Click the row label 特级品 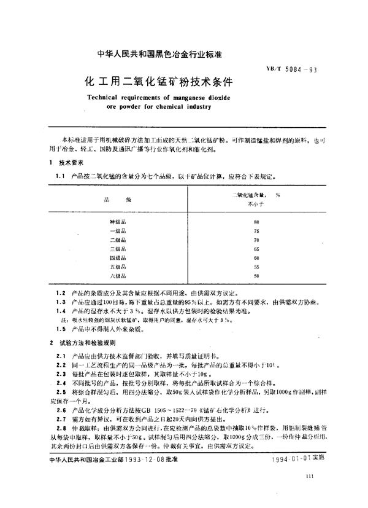click(x=117, y=221)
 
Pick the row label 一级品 click(x=117, y=230)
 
